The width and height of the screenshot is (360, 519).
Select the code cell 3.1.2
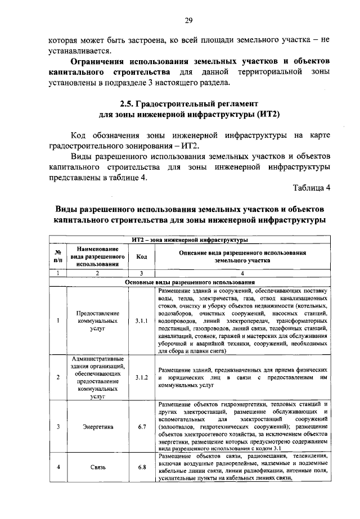point(141,378)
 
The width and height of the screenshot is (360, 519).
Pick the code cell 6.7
point(141,426)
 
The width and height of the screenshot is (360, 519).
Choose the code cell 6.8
point(141,467)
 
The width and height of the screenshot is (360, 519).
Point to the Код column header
point(141,256)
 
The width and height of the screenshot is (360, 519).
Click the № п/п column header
point(58,256)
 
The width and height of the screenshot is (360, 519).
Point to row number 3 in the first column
point(58,426)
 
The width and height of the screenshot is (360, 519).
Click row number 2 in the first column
point(58,378)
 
